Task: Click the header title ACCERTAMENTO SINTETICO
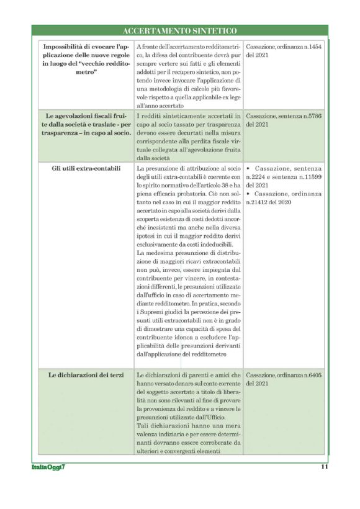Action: [x=180, y=30]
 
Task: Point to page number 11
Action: [x=324, y=467]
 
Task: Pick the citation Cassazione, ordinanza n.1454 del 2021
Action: [x=283, y=50]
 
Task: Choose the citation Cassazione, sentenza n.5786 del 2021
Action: [x=283, y=120]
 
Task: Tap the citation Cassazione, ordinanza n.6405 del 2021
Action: [x=283, y=379]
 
